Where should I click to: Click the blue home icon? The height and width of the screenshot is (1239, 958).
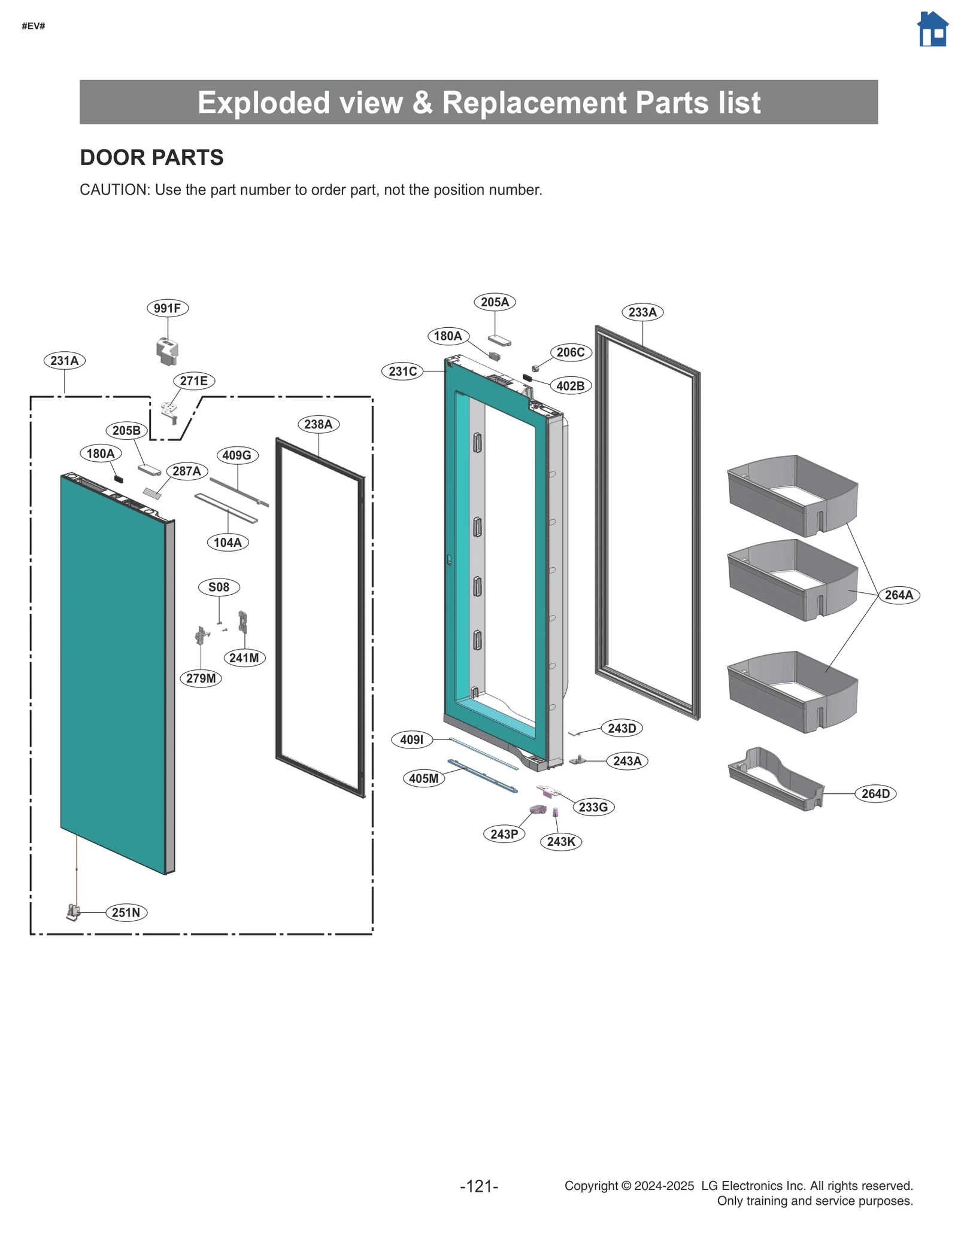pyautogui.click(x=932, y=29)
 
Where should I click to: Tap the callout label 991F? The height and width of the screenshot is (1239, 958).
pyautogui.click(x=167, y=308)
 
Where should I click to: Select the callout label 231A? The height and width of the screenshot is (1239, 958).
pyautogui.click(x=64, y=361)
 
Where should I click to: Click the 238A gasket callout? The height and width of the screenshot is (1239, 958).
pyautogui.click(x=318, y=424)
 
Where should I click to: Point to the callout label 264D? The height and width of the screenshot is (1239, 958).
pyautogui.click(x=875, y=794)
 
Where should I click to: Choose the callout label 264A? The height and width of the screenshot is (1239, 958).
pyautogui.click(x=899, y=595)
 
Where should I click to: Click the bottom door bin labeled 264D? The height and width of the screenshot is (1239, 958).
pyautogui.click(x=776, y=778)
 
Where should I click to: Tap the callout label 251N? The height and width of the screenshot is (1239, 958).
pyautogui.click(x=126, y=912)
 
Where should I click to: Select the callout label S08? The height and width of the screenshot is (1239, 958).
pyautogui.click(x=219, y=587)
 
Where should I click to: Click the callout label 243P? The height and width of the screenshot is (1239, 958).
pyautogui.click(x=504, y=834)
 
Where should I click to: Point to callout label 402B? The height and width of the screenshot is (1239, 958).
pyautogui.click(x=570, y=386)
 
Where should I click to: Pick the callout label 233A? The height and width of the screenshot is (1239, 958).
pyautogui.click(x=642, y=312)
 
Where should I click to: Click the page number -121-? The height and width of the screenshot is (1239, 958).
pyautogui.click(x=479, y=1186)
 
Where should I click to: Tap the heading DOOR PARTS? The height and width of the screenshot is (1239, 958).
pyautogui.click(x=151, y=157)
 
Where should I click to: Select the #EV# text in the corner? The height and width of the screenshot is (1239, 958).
pyautogui.click(x=34, y=26)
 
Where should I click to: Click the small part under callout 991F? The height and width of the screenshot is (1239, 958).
pyautogui.click(x=167, y=351)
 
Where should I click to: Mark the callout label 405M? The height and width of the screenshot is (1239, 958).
pyautogui.click(x=424, y=778)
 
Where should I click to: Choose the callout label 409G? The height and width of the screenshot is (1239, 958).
pyautogui.click(x=237, y=455)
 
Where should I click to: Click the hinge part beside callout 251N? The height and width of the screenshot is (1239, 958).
pyautogui.click(x=73, y=912)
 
